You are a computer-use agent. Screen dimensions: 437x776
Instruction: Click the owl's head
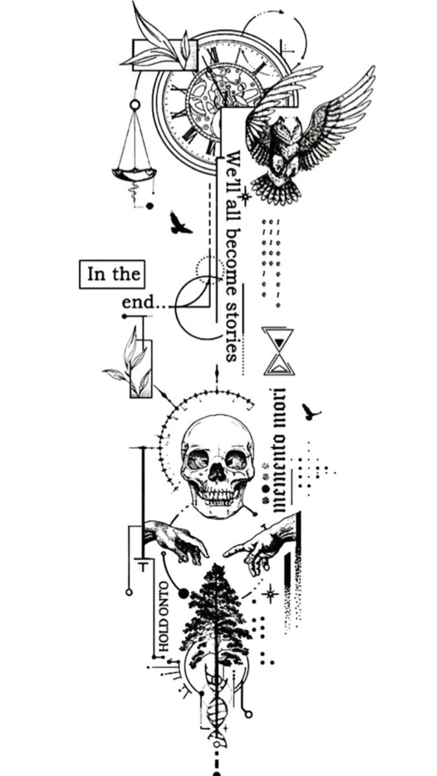pos(289,129)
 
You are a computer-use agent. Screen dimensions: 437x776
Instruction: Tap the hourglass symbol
pos(279,351)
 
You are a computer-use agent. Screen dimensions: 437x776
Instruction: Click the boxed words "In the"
pos(112,274)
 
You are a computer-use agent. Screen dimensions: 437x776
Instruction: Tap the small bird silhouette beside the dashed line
pos(180,224)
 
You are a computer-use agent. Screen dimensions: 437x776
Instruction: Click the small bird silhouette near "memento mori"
pos(311,412)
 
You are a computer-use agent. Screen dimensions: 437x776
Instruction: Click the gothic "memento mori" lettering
pos(280,449)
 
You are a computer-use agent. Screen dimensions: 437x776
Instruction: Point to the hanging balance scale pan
pos(134,173)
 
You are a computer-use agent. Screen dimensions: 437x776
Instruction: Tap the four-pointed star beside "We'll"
pos(246,196)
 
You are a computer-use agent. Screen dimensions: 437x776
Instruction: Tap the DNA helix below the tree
pos(217,707)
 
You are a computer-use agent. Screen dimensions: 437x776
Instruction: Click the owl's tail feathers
pos(278,189)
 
